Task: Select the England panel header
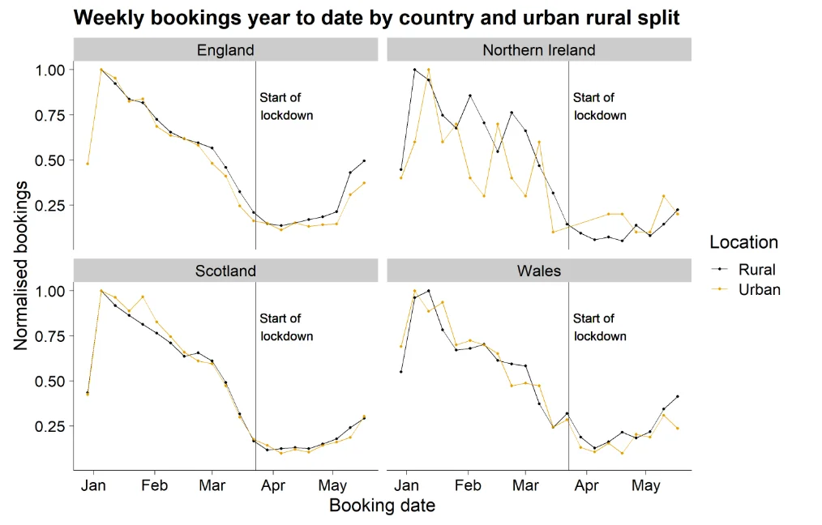click(x=225, y=50)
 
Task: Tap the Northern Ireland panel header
click(x=538, y=50)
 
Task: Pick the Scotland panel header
click(x=225, y=271)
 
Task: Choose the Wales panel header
click(x=538, y=271)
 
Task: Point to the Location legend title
click(x=743, y=242)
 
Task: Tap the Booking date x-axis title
click(x=382, y=506)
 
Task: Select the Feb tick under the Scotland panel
click(x=154, y=486)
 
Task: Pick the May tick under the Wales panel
click(x=646, y=486)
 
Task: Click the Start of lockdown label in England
click(x=286, y=106)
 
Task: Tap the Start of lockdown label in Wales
click(x=599, y=327)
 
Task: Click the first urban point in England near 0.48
click(x=88, y=164)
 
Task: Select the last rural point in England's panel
click(x=364, y=161)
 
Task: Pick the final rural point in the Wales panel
click(x=677, y=396)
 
